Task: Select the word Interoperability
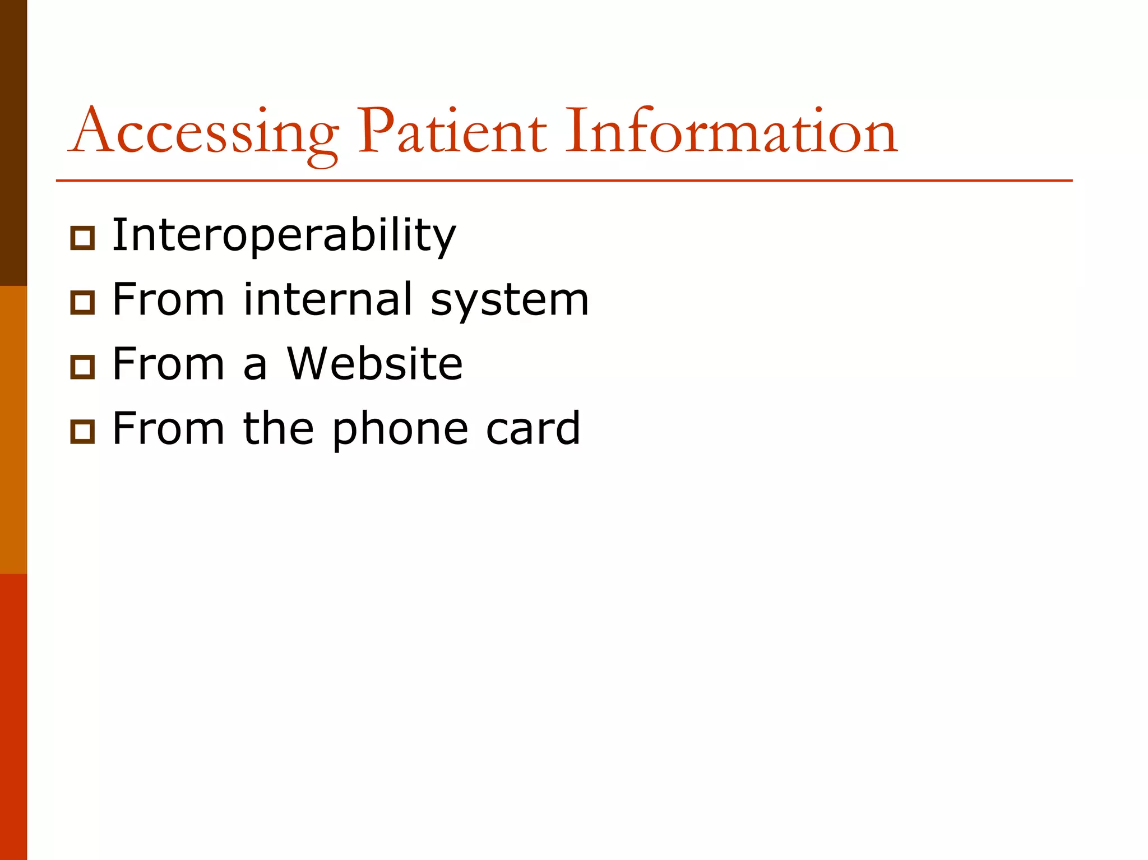tap(284, 235)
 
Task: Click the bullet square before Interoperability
tap(82, 238)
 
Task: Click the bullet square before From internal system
tap(82, 303)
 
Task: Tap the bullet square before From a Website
tap(82, 367)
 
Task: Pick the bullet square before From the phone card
tap(82, 432)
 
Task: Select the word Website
tap(374, 364)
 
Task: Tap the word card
tap(533, 428)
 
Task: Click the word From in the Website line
tap(168, 364)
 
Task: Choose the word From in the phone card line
tap(168, 428)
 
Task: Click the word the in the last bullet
tap(278, 428)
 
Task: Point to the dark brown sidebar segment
tap(13, 143)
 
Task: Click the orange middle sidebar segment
tap(13, 429)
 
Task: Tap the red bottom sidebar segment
tap(13, 716)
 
